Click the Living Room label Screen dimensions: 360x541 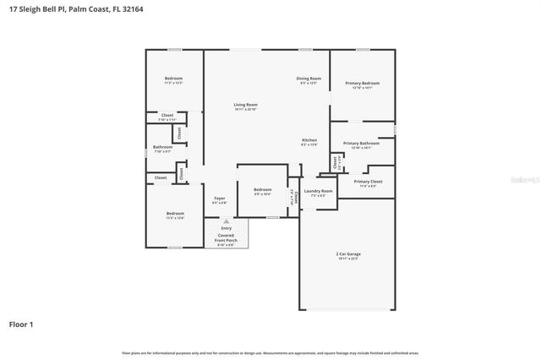(246, 105)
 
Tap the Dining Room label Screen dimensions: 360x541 (309, 78)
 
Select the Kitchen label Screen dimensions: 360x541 (309, 139)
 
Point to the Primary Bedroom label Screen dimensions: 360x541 (362, 83)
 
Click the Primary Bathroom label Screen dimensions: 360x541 (362, 144)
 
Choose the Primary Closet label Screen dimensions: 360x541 (368, 182)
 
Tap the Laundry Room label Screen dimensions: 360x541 (319, 191)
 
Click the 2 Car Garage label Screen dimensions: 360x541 (347, 253)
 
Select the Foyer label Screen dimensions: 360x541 (219, 199)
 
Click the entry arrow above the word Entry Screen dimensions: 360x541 (226, 221)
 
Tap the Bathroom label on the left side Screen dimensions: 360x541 (162, 147)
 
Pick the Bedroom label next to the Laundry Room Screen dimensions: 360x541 (263, 189)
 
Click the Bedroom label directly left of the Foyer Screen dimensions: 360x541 (175, 213)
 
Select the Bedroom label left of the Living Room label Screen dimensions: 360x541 (173, 79)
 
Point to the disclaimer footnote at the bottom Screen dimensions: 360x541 (270, 352)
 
